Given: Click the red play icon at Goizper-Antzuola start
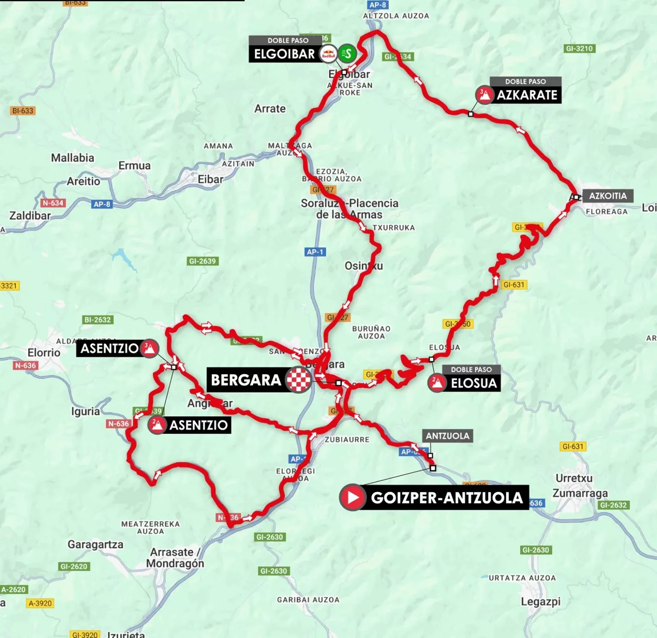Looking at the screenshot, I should pyautogui.click(x=353, y=497).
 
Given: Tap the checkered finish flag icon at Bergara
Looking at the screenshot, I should pyautogui.click(x=299, y=380).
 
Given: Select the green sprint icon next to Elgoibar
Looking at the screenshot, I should pyautogui.click(x=347, y=53).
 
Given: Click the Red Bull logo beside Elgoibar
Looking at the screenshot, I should pyautogui.click(x=328, y=53).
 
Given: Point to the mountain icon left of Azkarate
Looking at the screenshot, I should pyautogui.click(x=484, y=95).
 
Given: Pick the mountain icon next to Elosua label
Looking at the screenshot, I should pyautogui.click(x=437, y=383).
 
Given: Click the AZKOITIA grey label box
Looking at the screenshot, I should pyautogui.click(x=608, y=196).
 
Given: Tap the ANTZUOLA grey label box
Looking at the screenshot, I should pyautogui.click(x=447, y=436).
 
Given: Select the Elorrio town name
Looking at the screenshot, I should pyautogui.click(x=44, y=353).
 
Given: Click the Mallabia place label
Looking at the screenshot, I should pyautogui.click(x=72, y=158).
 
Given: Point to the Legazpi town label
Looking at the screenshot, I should pyautogui.click(x=540, y=602).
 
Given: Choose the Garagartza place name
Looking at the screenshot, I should pyautogui.click(x=95, y=545).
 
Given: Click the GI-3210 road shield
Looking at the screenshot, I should pyautogui.click(x=579, y=49).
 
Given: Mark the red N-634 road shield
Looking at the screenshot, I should pyautogui.click(x=53, y=203).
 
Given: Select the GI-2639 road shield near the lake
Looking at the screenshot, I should pyautogui.click(x=203, y=261).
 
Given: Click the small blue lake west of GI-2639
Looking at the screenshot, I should pyautogui.click(x=123, y=257).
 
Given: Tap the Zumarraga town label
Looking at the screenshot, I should pyautogui.click(x=580, y=493).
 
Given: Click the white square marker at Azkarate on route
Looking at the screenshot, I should pyautogui.click(x=471, y=114).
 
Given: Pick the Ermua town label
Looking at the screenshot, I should pyautogui.click(x=134, y=165).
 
